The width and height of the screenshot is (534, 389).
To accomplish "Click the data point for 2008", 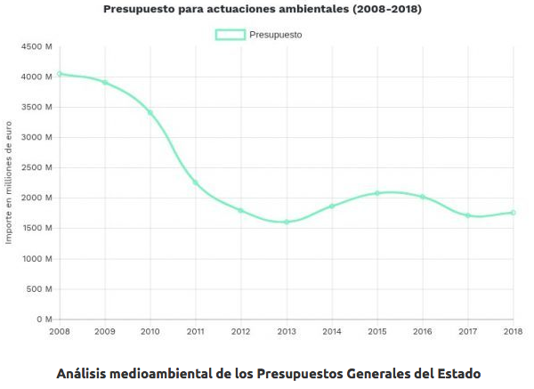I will [60, 74].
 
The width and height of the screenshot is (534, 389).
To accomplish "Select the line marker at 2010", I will [150, 113].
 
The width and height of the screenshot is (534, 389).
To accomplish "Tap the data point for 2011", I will [196, 182].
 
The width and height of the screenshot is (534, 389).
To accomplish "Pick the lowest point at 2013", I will [287, 222].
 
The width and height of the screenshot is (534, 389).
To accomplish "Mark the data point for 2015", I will [377, 193].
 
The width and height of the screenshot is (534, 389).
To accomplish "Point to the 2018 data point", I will [514, 213].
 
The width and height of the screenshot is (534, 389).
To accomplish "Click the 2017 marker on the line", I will [468, 215].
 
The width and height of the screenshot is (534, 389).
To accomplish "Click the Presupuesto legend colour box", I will [230, 35].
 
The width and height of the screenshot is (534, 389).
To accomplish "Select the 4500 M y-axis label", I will [36, 46].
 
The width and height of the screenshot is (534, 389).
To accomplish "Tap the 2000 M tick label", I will [36, 198].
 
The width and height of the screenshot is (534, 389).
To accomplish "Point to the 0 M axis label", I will [44, 319].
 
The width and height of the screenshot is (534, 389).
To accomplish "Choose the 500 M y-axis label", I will [40, 288].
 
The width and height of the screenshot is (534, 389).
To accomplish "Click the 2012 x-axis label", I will [241, 331].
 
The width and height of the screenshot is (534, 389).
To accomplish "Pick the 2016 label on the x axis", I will [423, 331].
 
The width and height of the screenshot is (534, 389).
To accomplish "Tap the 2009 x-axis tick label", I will [105, 331].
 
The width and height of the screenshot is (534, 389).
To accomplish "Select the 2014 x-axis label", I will [332, 331].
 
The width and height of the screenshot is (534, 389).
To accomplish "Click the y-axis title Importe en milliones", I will [11, 182].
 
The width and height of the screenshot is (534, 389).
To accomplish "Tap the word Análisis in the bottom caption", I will [85, 371].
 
